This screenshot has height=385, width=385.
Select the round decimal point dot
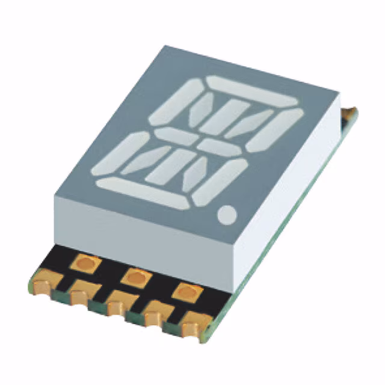pyautogui.click(x=229, y=213)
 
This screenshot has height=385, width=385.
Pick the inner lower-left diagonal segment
pyautogui.click(x=146, y=161)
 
